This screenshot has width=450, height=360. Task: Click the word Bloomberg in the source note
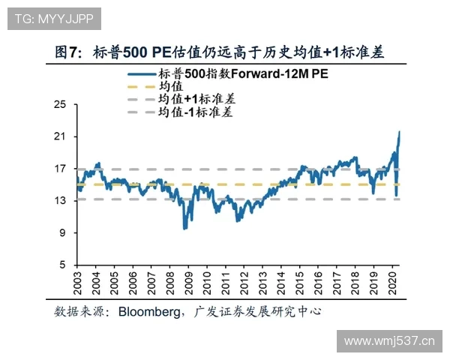[x=151, y=310]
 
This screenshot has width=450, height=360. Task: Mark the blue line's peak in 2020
[x=399, y=132]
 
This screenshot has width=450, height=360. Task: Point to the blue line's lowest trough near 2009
[x=184, y=228]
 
